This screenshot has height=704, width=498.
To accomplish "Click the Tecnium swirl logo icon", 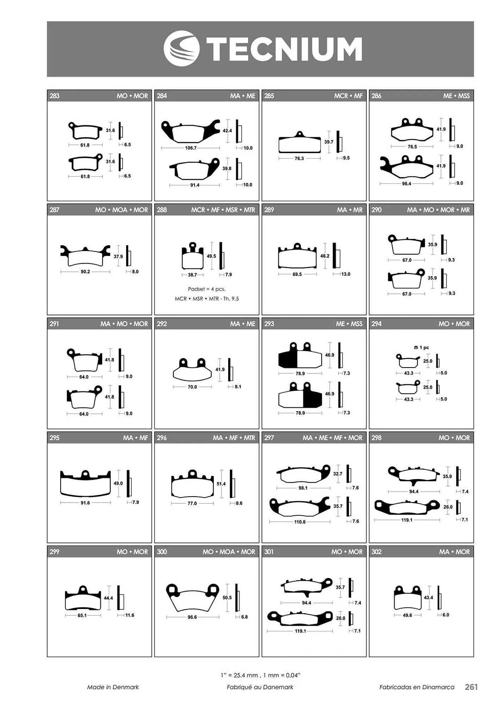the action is click(x=181, y=49).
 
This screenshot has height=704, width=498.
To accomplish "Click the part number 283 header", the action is click(x=55, y=96).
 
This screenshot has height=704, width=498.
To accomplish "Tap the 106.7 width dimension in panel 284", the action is click(x=191, y=148).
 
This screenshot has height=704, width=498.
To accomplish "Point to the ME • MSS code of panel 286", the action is click(x=456, y=96).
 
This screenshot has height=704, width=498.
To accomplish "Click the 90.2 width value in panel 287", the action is click(x=85, y=272).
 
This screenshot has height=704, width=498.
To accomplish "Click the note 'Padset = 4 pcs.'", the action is click(x=207, y=289).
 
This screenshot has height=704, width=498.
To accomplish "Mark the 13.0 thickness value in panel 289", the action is click(x=346, y=274).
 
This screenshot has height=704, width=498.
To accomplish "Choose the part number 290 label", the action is click(x=376, y=210).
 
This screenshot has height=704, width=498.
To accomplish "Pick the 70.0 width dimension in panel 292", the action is click(x=192, y=387).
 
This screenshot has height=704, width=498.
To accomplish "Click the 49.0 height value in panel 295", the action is click(x=118, y=483).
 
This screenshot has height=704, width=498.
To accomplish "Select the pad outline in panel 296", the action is click(x=192, y=484).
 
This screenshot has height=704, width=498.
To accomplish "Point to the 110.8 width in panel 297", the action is click(x=300, y=522).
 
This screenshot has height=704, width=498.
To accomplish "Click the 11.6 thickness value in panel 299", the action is click(x=130, y=615).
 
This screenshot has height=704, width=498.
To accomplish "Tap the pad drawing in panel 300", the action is click(x=192, y=597).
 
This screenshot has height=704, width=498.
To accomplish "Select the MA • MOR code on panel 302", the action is click(x=454, y=552).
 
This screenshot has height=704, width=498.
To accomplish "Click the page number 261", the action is click(x=471, y=687).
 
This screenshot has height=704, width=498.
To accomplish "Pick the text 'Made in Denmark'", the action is click(x=113, y=687).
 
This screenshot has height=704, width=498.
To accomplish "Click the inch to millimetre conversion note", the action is click(x=260, y=675).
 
